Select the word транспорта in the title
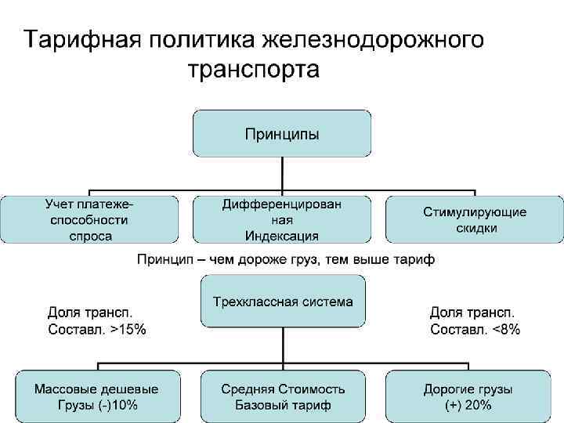(x=255, y=70)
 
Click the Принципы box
(x=282, y=133)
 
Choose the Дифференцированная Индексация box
(x=282, y=219)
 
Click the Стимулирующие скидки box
(x=475, y=219)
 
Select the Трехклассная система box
(x=283, y=301)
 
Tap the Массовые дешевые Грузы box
(x=96, y=396)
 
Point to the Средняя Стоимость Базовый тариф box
(x=283, y=396)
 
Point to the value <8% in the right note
(x=506, y=330)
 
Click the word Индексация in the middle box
(x=282, y=236)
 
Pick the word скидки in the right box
(x=475, y=228)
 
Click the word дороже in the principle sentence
(x=268, y=258)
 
